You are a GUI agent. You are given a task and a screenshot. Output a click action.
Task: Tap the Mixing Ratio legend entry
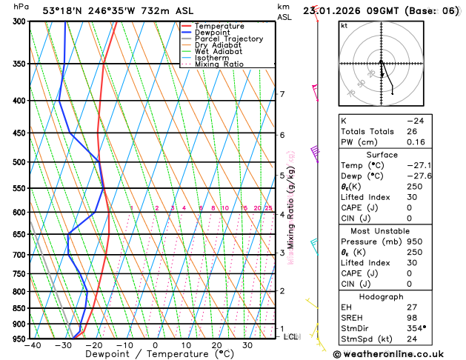click(219, 64)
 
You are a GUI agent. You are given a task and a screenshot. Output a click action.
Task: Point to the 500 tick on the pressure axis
click(16, 162)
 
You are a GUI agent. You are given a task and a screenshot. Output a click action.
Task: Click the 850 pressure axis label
click(16, 308)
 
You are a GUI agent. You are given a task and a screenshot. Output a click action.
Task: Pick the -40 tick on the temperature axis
click(32, 345)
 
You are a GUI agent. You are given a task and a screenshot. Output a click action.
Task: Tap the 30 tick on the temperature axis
click(247, 345)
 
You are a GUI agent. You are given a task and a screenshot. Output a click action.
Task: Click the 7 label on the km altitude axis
click(282, 94)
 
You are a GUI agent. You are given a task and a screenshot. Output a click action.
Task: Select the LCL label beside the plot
click(291, 336)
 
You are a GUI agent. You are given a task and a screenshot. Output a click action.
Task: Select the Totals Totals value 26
click(413, 131)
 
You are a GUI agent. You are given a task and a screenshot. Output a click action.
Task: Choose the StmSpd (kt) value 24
click(413, 339)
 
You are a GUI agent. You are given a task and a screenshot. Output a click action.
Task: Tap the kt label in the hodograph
click(344, 25)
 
